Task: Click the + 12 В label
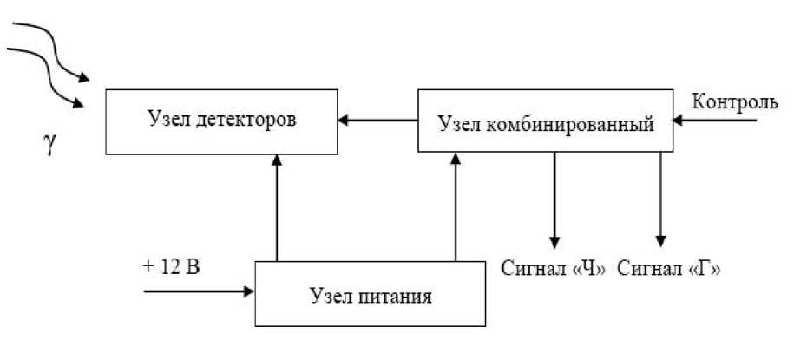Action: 170,265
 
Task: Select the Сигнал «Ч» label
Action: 553,268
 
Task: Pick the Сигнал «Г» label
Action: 669,268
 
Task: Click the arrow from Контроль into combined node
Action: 720,121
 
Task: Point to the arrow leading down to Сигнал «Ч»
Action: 554,199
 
